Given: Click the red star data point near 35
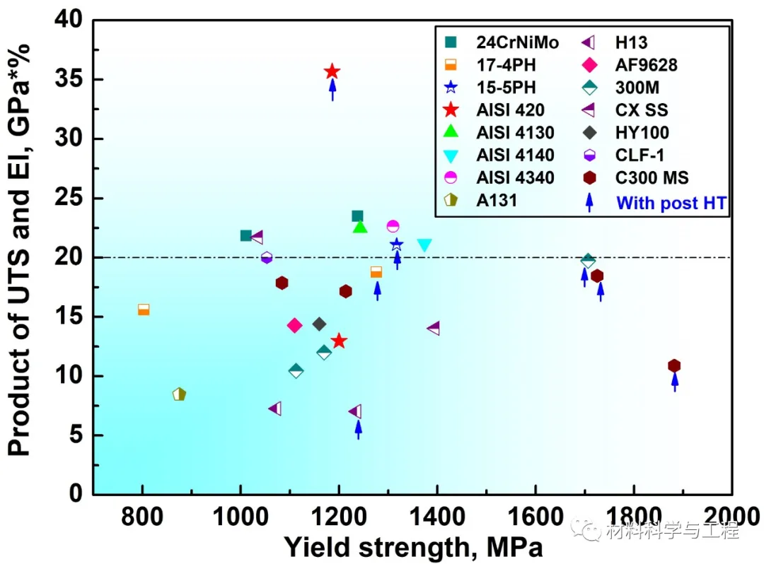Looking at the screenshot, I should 332,71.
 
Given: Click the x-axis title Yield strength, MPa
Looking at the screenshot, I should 414,546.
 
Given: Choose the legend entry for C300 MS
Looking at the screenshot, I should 652,178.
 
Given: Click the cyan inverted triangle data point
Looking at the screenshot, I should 424,245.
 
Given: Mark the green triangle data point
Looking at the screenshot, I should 360,227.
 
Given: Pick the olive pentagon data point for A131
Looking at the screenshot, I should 179,394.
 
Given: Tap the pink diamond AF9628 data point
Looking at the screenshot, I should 295,325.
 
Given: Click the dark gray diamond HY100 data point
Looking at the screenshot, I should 319,324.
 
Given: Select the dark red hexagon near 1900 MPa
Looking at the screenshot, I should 674,365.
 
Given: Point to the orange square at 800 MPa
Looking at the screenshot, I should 144,309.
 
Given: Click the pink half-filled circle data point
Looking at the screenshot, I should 393,226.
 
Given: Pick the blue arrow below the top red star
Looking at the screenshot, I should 332,90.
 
